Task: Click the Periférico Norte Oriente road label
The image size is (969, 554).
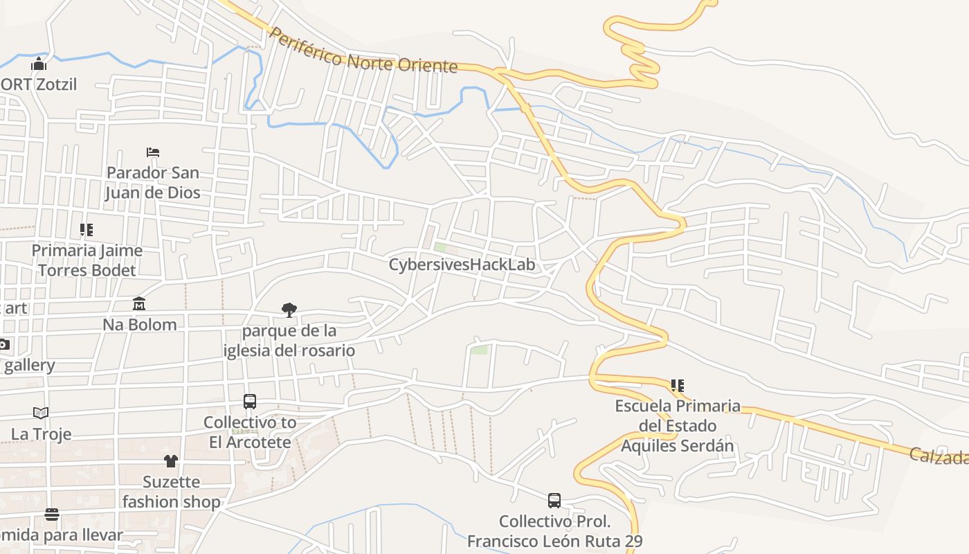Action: click(x=363, y=51)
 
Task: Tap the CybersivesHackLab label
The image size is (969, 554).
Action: click(x=462, y=265)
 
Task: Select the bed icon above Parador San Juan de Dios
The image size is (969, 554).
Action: click(x=153, y=152)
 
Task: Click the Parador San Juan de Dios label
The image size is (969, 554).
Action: click(x=153, y=182)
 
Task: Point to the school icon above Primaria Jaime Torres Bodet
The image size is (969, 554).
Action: click(x=86, y=229)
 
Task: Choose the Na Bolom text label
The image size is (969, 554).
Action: click(x=139, y=324)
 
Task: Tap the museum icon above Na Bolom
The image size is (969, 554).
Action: click(x=139, y=303)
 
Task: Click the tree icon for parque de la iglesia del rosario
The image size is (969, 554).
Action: click(x=289, y=310)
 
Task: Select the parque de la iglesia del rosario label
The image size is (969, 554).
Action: click(x=289, y=341)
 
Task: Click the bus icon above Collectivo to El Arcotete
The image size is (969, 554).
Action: click(x=250, y=401)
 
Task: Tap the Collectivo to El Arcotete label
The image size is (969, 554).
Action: click(x=250, y=432)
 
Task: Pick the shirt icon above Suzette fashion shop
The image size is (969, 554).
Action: click(x=171, y=461)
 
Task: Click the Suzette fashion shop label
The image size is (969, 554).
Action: click(x=171, y=492)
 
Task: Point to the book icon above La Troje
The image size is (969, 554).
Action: click(x=41, y=413)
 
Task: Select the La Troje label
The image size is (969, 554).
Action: click(x=41, y=434)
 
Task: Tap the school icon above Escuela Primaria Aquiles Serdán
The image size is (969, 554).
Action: click(x=677, y=385)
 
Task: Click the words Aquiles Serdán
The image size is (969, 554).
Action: click(x=677, y=445)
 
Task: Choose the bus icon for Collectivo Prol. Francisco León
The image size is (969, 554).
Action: click(x=554, y=500)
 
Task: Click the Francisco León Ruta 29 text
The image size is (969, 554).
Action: click(x=554, y=541)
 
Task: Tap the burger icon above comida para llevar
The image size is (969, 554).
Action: click(x=52, y=515)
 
